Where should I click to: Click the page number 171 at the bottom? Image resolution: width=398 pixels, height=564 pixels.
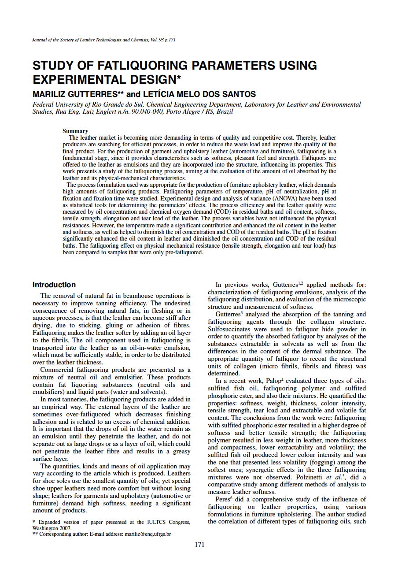tap(199, 545)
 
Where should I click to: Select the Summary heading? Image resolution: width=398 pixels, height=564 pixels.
tap(75, 131)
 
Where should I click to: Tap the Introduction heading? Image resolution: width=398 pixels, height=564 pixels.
tap(54, 285)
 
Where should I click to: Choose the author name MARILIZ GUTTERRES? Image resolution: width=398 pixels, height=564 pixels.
tap(78, 94)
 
